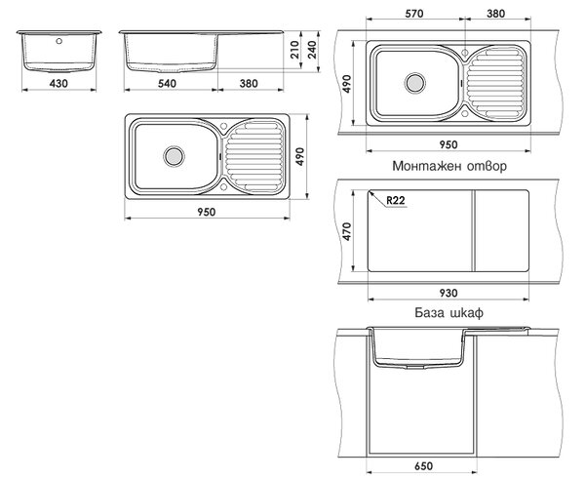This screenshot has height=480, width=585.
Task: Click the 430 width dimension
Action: point(58,83)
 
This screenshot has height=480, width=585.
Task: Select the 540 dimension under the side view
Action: point(167,83)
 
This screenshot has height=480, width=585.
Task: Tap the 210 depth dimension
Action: point(294,50)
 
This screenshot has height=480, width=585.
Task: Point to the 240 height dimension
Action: point(312,50)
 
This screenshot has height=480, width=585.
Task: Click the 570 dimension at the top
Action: point(414,14)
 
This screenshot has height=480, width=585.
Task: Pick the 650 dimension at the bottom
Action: point(424,465)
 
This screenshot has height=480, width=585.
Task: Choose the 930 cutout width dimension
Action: point(448,293)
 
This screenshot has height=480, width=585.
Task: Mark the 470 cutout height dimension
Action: point(347,231)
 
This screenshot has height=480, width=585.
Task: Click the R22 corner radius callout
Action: point(396,200)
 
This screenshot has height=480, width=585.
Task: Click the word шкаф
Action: point(466,312)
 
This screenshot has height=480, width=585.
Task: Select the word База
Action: point(429,312)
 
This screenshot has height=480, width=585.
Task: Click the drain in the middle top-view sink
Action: point(174,156)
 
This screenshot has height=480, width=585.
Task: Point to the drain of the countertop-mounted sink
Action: point(415,83)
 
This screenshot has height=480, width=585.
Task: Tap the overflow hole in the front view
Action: point(58,41)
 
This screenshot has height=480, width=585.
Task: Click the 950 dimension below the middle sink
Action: point(207,212)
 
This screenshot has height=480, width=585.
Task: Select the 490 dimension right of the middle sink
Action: point(300,156)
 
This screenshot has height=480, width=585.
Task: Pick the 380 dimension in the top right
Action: point(496,14)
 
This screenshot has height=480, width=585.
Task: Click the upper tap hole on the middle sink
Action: point(224,126)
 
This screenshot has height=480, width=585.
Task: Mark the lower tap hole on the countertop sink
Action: point(465,113)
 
